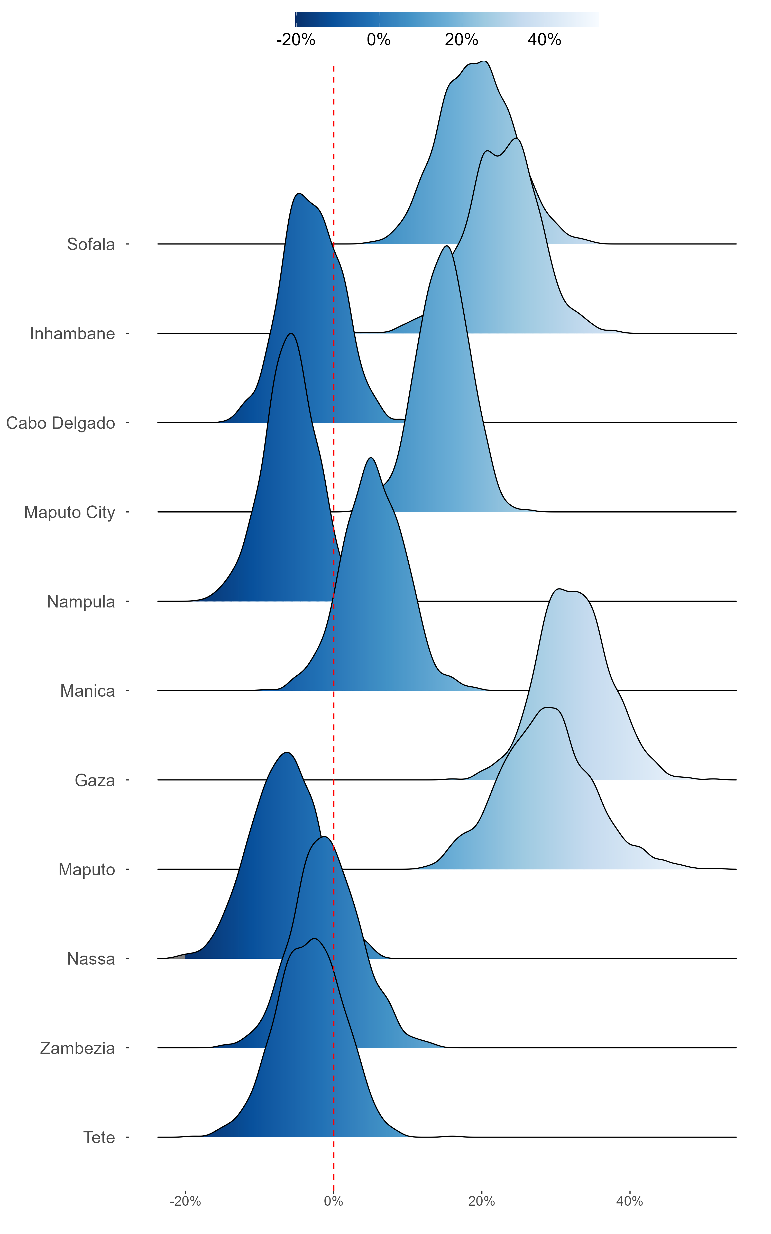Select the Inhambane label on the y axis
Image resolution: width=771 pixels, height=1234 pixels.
point(72,333)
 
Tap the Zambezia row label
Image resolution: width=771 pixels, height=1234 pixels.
point(78,1048)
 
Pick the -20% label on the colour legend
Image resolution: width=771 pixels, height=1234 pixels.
point(296,40)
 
